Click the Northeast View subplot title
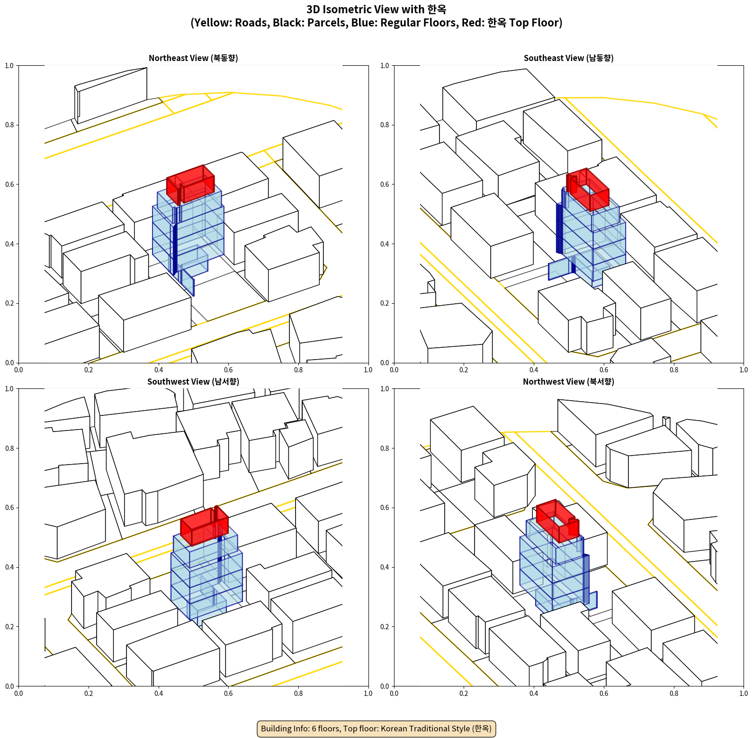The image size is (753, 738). pyautogui.click(x=193, y=58)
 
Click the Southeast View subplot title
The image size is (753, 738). pyautogui.click(x=568, y=58)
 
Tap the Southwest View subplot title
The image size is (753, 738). pyautogui.click(x=193, y=381)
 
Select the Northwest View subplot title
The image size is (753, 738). pyautogui.click(x=568, y=381)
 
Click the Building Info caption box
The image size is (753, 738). pyautogui.click(x=376, y=729)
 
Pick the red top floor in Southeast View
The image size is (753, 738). pyautogui.click(x=588, y=189)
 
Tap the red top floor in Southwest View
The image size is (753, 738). pyautogui.click(x=204, y=526)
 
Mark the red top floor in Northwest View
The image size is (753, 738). pyautogui.click(x=557, y=520)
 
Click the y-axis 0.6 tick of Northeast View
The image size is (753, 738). pyautogui.click(x=10, y=184)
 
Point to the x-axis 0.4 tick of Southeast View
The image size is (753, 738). pyautogui.click(x=534, y=369)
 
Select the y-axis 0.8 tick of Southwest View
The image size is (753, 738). pyautogui.click(x=10, y=448)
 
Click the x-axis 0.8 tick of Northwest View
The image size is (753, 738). pyautogui.click(x=674, y=693)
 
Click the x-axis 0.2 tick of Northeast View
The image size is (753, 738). pyautogui.click(x=89, y=369)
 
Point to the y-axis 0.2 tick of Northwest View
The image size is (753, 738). pyautogui.click(x=385, y=626)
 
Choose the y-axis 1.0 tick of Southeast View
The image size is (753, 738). pyautogui.click(x=385, y=65)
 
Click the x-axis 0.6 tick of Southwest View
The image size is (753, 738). pyautogui.click(x=228, y=693)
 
